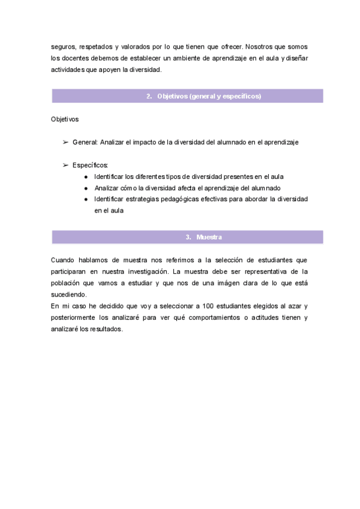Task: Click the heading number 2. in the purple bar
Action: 149,96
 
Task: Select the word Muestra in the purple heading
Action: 209,237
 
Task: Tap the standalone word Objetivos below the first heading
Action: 65,119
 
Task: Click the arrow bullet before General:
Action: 65,142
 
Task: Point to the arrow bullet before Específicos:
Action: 65,164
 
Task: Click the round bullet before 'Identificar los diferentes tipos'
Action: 86,176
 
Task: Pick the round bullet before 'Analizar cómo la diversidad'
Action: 86,188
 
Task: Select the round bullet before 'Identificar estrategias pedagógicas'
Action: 86,199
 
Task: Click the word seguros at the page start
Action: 63,46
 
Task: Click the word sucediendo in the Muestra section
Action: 69,294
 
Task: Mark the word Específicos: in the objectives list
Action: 90,164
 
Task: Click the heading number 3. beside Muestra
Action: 188,237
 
